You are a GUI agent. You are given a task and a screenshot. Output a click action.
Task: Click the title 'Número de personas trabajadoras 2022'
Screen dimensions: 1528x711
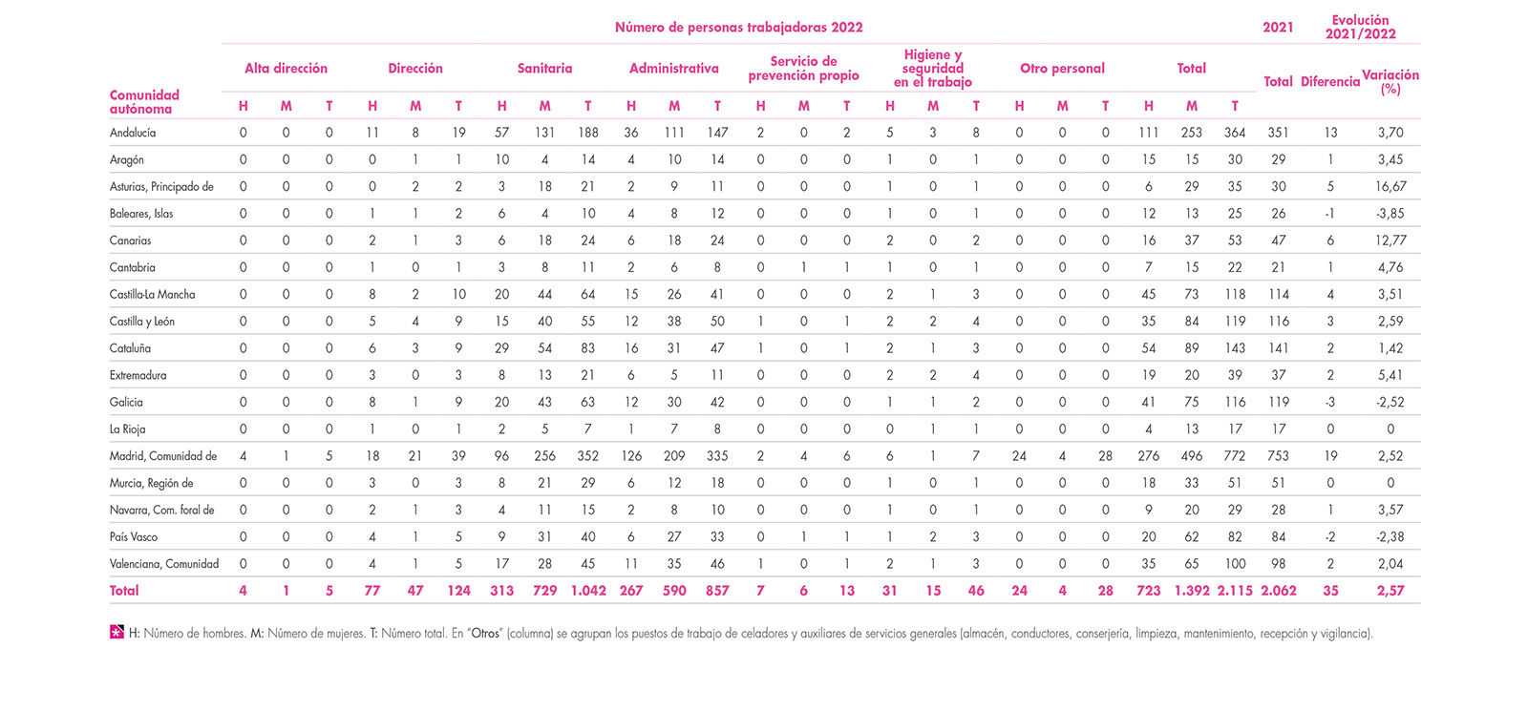tap(739, 28)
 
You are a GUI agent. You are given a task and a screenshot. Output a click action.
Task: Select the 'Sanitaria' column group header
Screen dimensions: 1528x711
tap(544, 68)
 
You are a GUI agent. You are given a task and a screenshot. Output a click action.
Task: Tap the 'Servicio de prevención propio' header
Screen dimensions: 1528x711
tap(803, 68)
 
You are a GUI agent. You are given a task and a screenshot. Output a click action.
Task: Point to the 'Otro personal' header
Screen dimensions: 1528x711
tap(1062, 68)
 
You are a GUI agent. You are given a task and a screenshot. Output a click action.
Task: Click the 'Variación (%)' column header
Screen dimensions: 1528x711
tap(1390, 81)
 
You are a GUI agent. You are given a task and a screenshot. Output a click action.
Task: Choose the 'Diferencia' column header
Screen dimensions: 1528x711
tap(1330, 82)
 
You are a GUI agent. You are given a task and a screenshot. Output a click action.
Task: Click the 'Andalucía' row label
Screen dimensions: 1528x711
tap(133, 133)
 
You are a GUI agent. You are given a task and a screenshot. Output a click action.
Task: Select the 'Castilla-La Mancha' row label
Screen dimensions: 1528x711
tap(152, 295)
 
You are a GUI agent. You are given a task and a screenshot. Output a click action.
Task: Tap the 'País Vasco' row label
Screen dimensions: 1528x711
tap(133, 537)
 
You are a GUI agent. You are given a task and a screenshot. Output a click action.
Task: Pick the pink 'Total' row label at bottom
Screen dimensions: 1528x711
tap(123, 591)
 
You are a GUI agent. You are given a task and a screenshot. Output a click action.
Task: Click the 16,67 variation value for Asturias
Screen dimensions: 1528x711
tap(1390, 187)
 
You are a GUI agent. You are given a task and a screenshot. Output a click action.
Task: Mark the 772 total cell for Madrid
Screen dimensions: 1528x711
tap(1235, 456)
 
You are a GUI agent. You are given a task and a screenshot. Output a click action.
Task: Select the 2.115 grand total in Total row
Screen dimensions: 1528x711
tap(1235, 591)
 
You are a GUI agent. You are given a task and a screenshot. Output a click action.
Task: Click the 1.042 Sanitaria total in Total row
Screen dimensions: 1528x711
tap(588, 591)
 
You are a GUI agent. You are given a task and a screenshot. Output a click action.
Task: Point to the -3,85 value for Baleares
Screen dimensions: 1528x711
tap(1390, 214)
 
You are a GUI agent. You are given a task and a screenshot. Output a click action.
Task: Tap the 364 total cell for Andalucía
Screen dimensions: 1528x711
tap(1235, 133)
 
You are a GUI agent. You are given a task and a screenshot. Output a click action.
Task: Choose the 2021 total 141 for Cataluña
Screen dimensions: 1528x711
tap(1278, 348)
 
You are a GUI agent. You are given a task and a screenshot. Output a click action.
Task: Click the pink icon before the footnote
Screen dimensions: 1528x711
tap(117, 632)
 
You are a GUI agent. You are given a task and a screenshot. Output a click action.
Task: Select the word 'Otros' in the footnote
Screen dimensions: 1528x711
tap(485, 634)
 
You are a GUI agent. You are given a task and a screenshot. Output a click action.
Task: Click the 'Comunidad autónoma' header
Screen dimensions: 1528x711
tap(144, 101)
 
